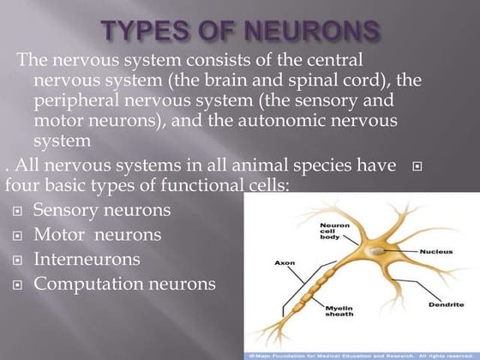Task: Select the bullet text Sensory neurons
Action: pyautogui.click(x=102, y=209)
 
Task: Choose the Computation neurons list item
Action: pyautogui.click(x=124, y=283)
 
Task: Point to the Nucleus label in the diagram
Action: pyautogui.click(x=436, y=251)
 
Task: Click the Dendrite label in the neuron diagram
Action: pyautogui.click(x=446, y=306)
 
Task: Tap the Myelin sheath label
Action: pyautogui.click(x=339, y=311)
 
